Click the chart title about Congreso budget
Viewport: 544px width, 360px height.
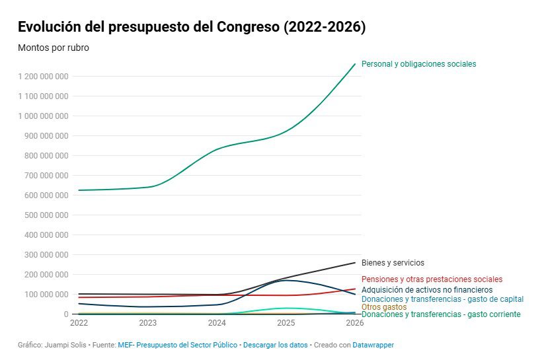point(192,27)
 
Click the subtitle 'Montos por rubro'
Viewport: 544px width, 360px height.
point(53,48)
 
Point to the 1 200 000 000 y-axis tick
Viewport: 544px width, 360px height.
point(44,77)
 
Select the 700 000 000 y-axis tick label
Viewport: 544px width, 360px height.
point(44,176)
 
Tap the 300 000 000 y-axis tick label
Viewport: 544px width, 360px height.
point(44,255)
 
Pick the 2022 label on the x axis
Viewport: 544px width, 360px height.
point(79,324)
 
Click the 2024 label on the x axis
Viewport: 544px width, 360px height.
point(217,324)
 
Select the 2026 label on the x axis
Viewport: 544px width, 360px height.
point(354,324)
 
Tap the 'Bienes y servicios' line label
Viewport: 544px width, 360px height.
point(393,263)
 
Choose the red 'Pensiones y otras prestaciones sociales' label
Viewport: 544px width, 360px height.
point(432,279)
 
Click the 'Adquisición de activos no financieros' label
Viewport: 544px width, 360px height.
point(427,289)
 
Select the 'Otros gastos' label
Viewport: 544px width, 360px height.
point(384,306)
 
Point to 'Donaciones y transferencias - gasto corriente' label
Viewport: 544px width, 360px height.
point(440,314)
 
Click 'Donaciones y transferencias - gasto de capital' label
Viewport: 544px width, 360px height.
point(442,299)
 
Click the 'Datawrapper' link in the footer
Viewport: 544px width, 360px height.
point(372,345)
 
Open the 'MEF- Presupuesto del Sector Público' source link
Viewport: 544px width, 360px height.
point(177,345)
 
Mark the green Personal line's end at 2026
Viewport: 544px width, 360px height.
point(355,64)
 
